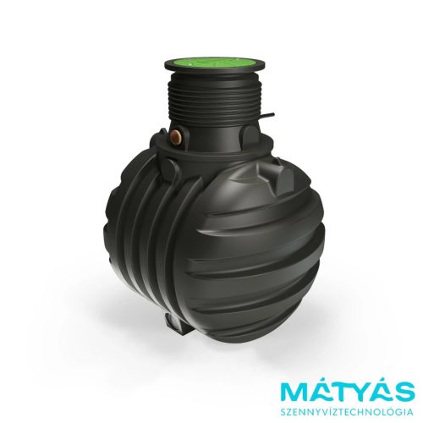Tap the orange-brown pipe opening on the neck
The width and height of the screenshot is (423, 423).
[x=177, y=137]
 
